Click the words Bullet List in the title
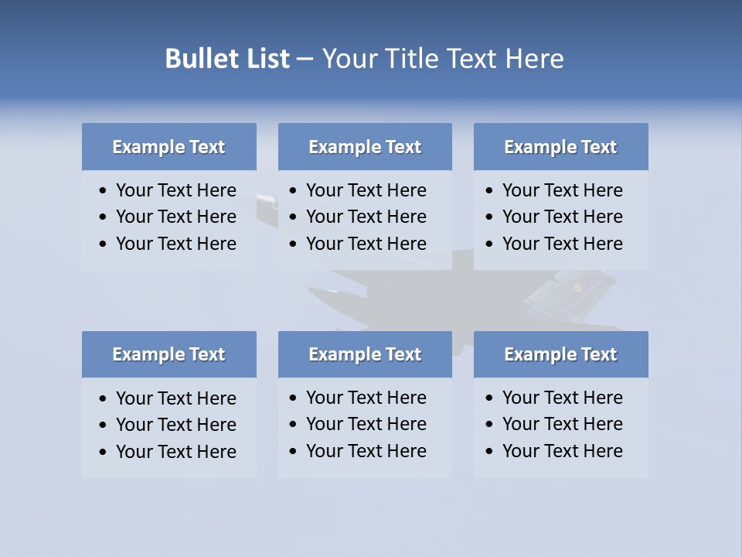pyautogui.click(x=227, y=59)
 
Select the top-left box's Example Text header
pyautogui.click(x=168, y=147)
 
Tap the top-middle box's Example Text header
pyautogui.click(x=365, y=147)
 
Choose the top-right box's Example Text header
pyautogui.click(x=560, y=147)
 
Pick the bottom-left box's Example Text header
pyautogui.click(x=168, y=354)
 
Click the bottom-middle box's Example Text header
pyautogui.click(x=365, y=354)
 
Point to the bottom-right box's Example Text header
pyautogui.click(x=560, y=354)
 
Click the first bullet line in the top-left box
pyautogui.click(x=175, y=190)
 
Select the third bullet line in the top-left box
pyautogui.click(x=175, y=244)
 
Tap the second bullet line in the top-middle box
pyautogui.click(x=366, y=217)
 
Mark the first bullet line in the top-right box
pyautogui.click(x=562, y=190)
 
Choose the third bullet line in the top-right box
pyautogui.click(x=562, y=244)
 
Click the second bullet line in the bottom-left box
pyautogui.click(x=175, y=425)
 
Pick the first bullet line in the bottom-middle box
pyautogui.click(x=366, y=398)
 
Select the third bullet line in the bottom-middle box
pyautogui.click(x=366, y=451)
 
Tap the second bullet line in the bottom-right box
pyautogui.click(x=562, y=424)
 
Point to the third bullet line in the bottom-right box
pyautogui.click(x=562, y=451)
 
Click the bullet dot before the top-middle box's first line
pyautogui.click(x=294, y=191)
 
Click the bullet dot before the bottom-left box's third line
pyautogui.click(x=104, y=453)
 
